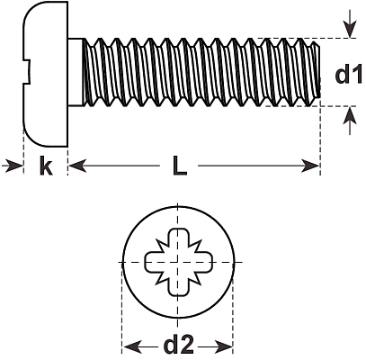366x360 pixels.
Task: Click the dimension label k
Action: [x=46, y=166]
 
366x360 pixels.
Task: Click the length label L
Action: [x=180, y=166]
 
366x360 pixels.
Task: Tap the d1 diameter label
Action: [x=349, y=75]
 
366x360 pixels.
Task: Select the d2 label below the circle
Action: [x=179, y=345]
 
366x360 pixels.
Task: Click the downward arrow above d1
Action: [x=350, y=23]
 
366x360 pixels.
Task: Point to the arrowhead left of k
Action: [x=13, y=166]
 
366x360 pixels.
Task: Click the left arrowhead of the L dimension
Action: [x=78, y=166]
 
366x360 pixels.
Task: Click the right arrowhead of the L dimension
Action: [x=310, y=166]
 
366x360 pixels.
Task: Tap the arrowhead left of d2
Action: [x=132, y=346]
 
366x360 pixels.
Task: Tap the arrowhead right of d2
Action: [x=223, y=346]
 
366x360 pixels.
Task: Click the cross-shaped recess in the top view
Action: [x=179, y=262]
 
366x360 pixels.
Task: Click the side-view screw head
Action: [x=46, y=74]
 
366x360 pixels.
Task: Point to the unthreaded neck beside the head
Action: [x=76, y=72]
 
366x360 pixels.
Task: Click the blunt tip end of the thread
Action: [x=317, y=72]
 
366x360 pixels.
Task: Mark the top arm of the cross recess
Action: [x=179, y=238]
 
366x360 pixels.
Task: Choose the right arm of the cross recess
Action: [x=203, y=262]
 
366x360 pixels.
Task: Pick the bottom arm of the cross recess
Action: [x=179, y=286]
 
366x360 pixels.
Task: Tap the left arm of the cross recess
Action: [x=155, y=262]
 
